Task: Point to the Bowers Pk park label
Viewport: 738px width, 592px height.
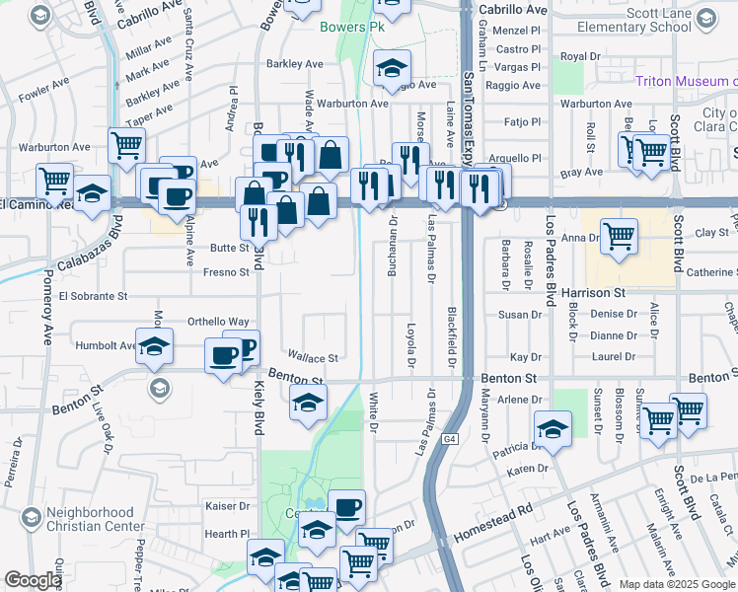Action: (342, 26)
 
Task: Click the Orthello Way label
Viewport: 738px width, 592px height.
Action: (219, 322)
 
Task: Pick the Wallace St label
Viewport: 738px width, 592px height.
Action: (313, 357)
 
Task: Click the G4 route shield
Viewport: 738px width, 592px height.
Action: (451, 438)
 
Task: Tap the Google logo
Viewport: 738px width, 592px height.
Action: (34, 580)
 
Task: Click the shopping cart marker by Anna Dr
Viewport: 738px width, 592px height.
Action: (619, 237)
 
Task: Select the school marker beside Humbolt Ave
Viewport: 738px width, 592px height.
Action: (155, 347)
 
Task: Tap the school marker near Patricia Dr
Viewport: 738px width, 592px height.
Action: (553, 429)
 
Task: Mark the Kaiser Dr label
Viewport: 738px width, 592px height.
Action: (226, 506)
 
